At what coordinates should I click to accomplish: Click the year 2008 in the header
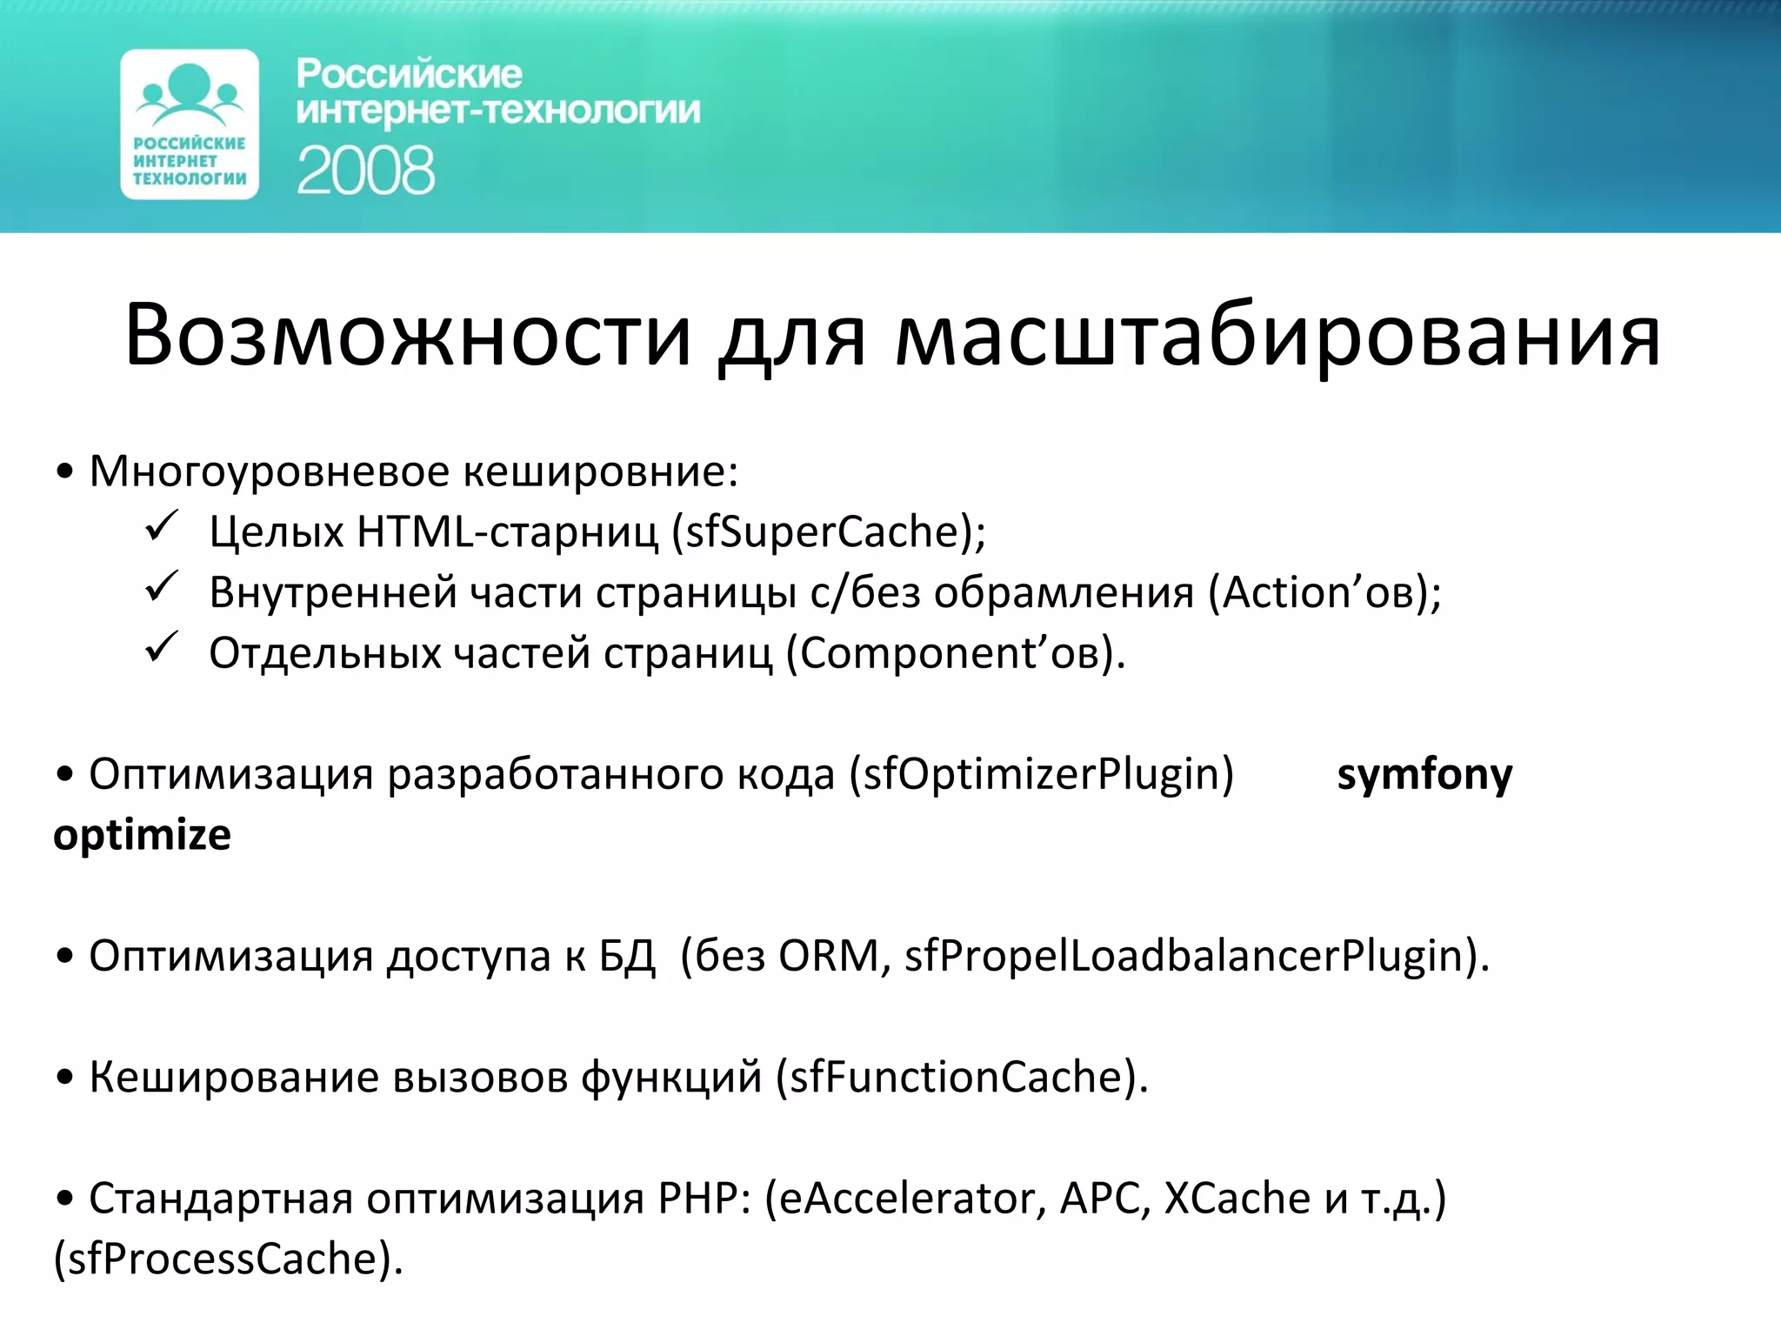(365, 170)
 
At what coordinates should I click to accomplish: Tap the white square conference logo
(190, 124)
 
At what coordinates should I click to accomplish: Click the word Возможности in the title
(408, 336)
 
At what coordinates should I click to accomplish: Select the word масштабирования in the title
(1277, 336)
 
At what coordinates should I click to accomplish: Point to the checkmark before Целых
(162, 527)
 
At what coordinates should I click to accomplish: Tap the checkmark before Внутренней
(162, 588)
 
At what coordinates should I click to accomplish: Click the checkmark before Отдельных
(162, 649)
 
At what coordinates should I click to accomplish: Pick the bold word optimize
(143, 835)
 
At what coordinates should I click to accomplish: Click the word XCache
(1237, 1199)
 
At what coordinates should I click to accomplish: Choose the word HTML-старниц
(507, 532)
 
